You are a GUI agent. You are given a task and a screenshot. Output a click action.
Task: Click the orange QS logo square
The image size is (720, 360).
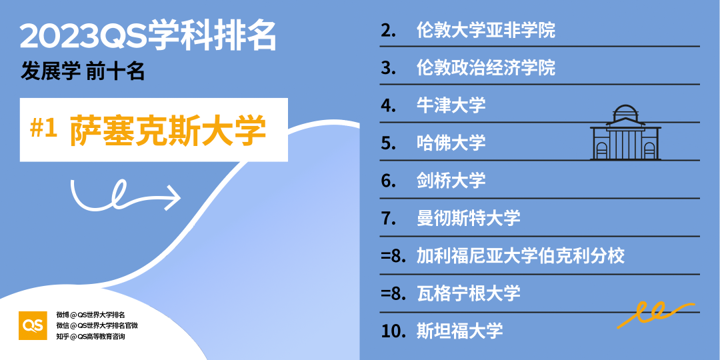click(33, 325)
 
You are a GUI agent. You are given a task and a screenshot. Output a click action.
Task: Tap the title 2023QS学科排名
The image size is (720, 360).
click(148, 37)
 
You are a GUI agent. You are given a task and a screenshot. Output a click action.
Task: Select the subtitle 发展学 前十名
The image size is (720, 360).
click(83, 71)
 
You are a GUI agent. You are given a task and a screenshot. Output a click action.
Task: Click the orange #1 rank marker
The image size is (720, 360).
click(45, 129)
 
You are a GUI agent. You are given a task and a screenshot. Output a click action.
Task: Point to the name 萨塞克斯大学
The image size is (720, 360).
click(167, 130)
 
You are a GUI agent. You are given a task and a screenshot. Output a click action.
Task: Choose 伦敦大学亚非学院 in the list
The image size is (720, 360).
click(485, 30)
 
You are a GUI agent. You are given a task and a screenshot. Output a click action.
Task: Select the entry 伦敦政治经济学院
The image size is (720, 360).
click(485, 68)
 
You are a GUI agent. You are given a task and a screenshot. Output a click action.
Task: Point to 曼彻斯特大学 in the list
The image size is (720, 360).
click(468, 217)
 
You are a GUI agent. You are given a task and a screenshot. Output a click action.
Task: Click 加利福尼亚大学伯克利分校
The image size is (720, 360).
click(520, 255)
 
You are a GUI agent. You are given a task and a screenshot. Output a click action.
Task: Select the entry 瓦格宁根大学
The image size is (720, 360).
click(468, 293)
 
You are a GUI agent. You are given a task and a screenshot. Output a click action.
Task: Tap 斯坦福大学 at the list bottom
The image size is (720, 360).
click(459, 330)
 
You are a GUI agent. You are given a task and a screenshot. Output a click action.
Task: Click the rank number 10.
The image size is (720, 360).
click(393, 330)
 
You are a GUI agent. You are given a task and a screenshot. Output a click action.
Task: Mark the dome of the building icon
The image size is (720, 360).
click(626, 113)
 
